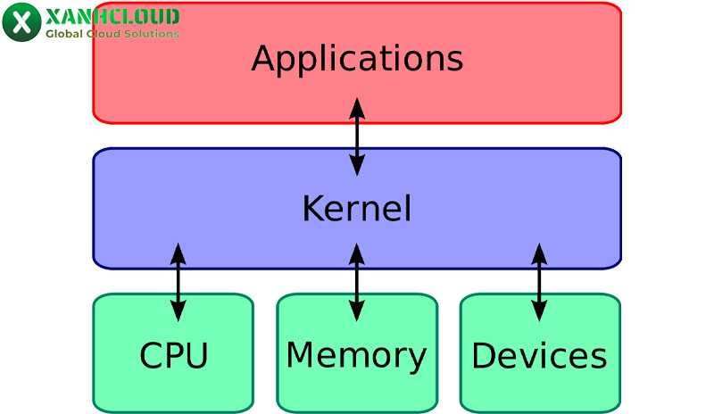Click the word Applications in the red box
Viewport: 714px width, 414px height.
[x=357, y=60]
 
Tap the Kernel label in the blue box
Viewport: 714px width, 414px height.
[x=357, y=209]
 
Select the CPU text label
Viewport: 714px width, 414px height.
[x=173, y=356]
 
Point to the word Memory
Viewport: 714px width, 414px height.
[x=356, y=355]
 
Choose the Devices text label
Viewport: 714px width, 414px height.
[x=539, y=356]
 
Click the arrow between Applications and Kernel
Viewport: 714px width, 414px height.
[x=357, y=136]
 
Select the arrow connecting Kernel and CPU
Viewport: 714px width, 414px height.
[x=178, y=281]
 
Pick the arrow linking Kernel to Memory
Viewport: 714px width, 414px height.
[x=357, y=281]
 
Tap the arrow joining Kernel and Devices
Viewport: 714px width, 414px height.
[x=539, y=281]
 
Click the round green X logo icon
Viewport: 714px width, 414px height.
[x=21, y=22]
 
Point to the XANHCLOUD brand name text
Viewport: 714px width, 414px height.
[x=112, y=16]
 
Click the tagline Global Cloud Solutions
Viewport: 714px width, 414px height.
[x=112, y=34]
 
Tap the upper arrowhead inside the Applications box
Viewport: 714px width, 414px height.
[x=357, y=108]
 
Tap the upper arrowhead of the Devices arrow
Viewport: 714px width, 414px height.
[x=539, y=253]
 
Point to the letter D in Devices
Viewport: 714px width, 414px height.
[x=483, y=356]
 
